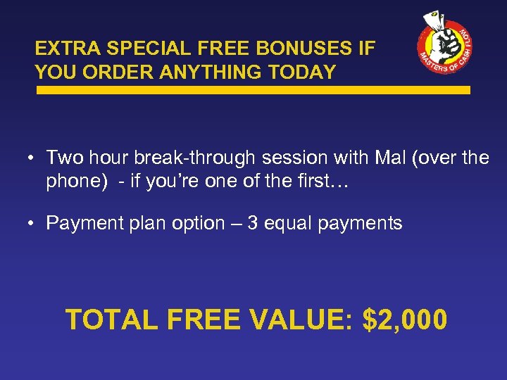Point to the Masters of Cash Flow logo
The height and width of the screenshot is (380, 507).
(445, 46)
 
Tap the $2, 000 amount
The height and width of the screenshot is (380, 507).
(404, 319)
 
